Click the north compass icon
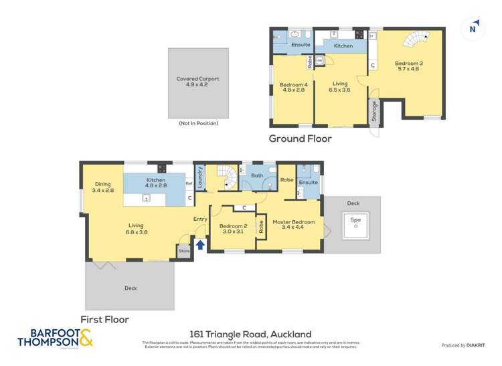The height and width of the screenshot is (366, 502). (x=473, y=28)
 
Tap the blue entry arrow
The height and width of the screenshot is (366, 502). (x=198, y=246)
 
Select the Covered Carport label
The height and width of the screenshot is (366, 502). (x=197, y=82)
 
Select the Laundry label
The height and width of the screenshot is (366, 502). (x=199, y=177)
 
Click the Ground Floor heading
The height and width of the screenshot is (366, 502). (x=300, y=139)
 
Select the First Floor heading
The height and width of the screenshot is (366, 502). (x=104, y=319)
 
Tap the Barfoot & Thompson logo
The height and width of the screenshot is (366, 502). (x=55, y=338)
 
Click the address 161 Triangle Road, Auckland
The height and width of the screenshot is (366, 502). (x=250, y=334)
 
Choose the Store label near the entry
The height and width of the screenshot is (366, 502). (x=183, y=252)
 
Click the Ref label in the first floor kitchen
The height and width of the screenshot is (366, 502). (x=189, y=183)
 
